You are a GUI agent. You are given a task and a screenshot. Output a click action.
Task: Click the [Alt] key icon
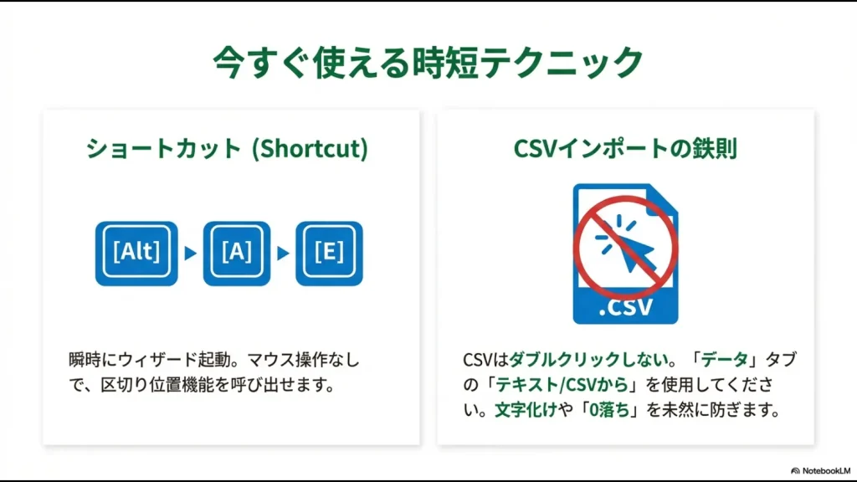136,253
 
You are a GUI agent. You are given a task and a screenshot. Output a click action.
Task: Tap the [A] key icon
237,253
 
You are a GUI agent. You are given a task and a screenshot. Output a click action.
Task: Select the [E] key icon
329,253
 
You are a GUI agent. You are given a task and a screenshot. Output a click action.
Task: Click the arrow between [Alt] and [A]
190,253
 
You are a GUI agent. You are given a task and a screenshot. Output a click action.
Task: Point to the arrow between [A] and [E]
283,253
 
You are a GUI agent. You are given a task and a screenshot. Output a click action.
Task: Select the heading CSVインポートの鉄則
625,149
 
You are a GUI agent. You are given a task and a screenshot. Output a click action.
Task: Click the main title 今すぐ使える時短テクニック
428,63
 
